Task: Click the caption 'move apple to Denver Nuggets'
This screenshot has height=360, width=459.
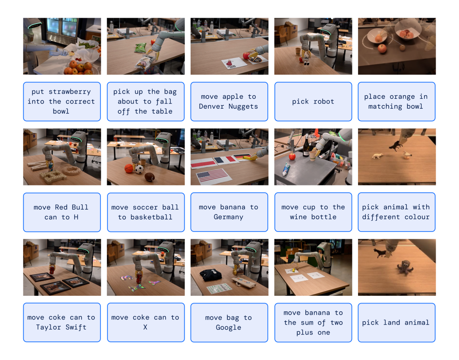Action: [229, 102]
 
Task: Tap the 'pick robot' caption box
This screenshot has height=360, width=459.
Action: [313, 102]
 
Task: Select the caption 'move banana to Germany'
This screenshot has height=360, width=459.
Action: [229, 212]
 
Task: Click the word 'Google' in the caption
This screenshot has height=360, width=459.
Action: [229, 327]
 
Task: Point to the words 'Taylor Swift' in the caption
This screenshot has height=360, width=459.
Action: [61, 327]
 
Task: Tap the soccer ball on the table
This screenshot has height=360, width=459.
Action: [139, 169]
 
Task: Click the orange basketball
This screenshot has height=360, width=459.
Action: [129, 168]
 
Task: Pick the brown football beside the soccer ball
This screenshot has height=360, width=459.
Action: [149, 176]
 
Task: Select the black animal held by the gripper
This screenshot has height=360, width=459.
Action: [380, 253]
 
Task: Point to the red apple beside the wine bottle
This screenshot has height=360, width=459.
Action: [293, 157]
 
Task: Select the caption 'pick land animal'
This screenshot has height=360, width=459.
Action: [396, 322]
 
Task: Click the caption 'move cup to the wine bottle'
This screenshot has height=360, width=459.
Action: [313, 212]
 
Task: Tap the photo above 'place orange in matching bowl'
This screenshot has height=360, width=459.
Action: [396, 46]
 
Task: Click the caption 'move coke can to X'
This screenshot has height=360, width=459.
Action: [145, 322]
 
